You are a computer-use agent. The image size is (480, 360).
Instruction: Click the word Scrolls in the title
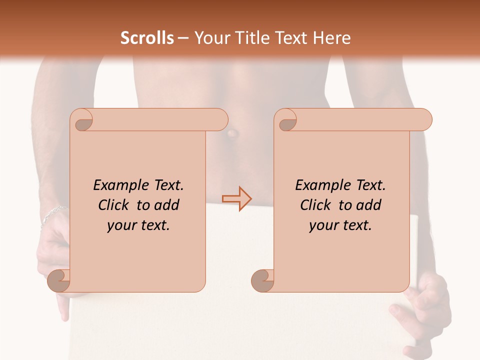click(147, 38)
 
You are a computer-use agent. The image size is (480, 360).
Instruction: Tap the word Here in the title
click(332, 38)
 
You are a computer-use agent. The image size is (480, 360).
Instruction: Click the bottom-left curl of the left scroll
click(59, 280)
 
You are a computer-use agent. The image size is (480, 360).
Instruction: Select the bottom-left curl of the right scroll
click(262, 280)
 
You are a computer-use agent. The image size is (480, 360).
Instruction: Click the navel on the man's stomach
click(232, 134)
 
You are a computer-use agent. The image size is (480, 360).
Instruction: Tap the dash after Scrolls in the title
click(183, 38)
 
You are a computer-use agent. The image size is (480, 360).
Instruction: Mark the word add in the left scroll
click(167, 205)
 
